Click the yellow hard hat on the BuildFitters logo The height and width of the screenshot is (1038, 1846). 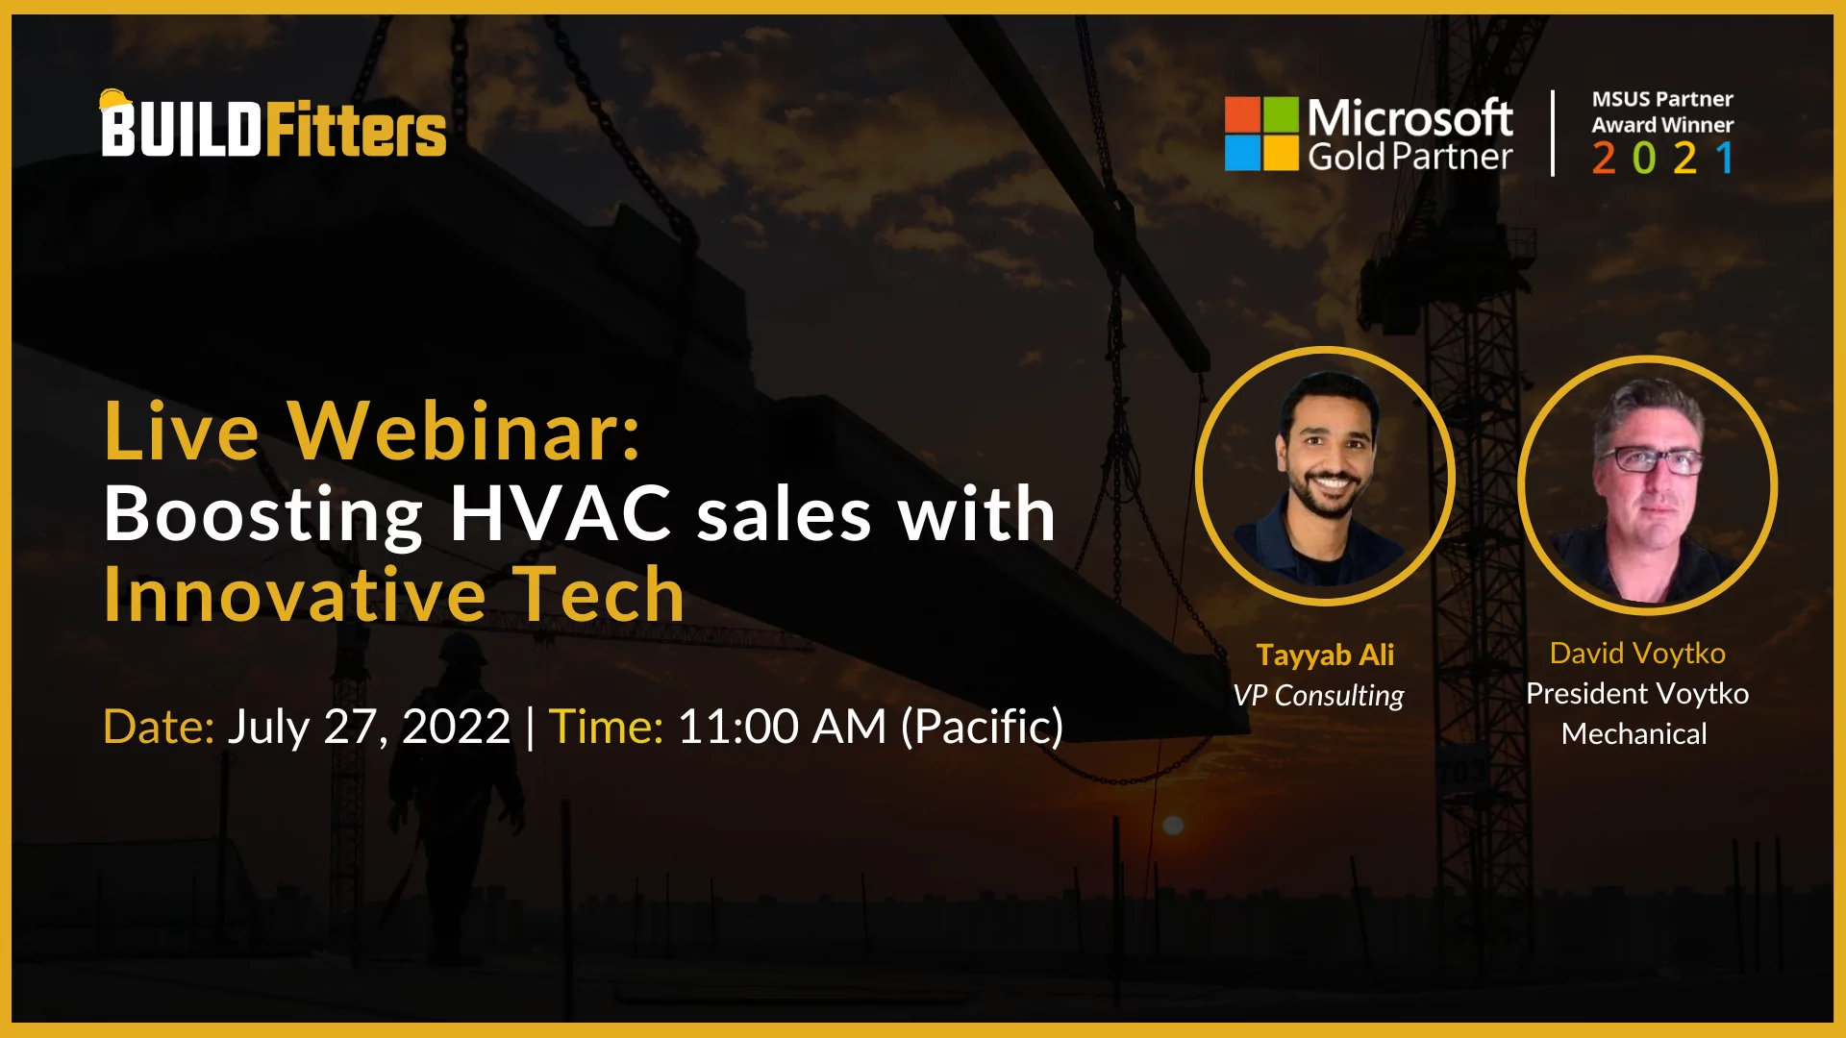(x=115, y=100)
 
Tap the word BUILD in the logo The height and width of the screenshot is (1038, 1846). (x=182, y=130)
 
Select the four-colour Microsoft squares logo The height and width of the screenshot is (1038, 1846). (x=1261, y=134)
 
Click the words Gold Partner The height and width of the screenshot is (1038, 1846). (x=1409, y=157)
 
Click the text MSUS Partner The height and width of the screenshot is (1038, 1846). (x=1662, y=99)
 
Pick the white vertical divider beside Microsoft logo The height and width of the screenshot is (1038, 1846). (x=1553, y=134)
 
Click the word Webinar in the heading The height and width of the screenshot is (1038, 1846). (x=464, y=431)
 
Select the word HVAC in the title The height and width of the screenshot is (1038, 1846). (x=561, y=513)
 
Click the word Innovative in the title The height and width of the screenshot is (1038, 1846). (x=295, y=595)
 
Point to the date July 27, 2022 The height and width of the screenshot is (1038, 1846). (x=369, y=728)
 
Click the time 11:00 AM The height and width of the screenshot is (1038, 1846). (x=782, y=727)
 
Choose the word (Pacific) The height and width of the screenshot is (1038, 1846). (x=982, y=728)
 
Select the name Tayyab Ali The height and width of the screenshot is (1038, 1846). (x=1325, y=655)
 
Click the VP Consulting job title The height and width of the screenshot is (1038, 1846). (x=1318, y=695)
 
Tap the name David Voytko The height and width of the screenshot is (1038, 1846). (x=1637, y=654)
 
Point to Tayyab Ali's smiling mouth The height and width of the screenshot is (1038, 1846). (x=1331, y=482)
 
